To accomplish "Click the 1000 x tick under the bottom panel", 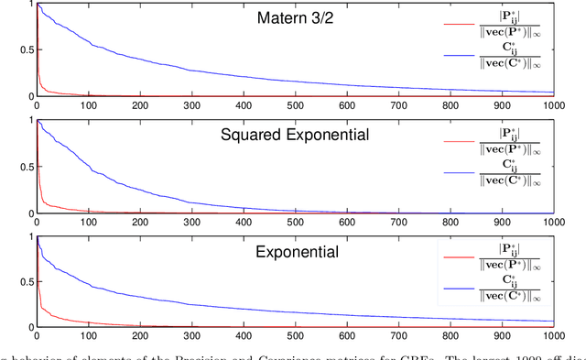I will point(553,337).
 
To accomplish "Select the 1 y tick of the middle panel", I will point(32,121).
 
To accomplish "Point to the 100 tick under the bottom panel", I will point(88,337).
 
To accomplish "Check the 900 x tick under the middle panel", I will point(502,223).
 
